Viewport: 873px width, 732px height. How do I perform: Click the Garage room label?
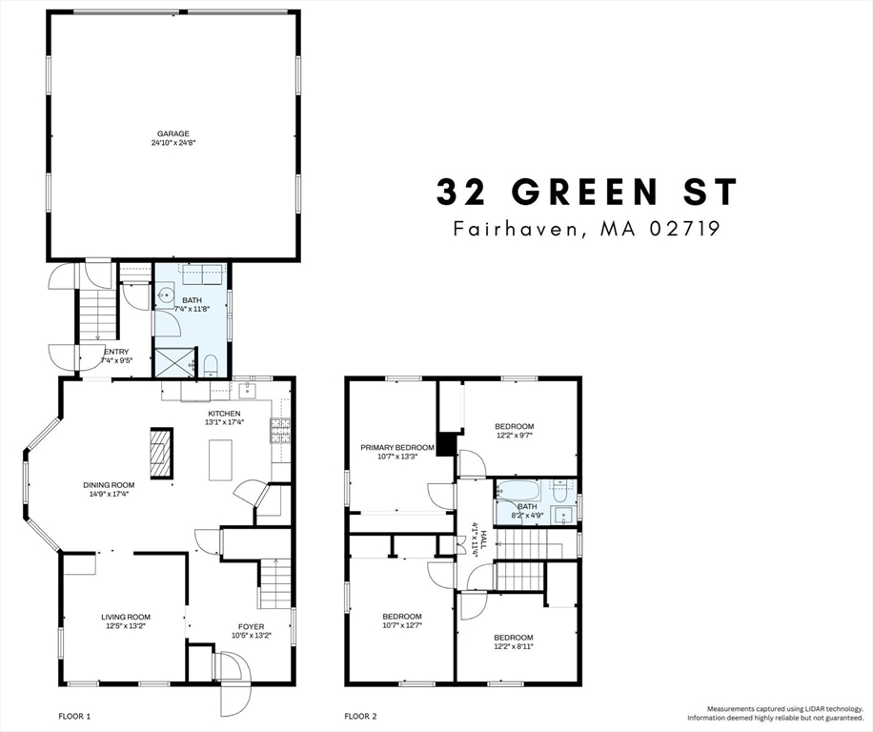(173, 134)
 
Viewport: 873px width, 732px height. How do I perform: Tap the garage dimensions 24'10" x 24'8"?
(173, 144)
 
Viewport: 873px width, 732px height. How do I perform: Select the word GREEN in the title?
(585, 192)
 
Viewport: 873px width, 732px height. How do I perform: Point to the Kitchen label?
(223, 413)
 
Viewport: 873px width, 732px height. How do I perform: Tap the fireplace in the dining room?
(160, 453)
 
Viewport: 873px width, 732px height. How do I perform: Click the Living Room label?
(126, 617)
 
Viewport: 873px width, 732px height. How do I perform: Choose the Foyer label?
(251, 626)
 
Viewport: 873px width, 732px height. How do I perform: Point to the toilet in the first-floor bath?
(210, 364)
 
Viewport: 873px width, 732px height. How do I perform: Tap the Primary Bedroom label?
(396, 447)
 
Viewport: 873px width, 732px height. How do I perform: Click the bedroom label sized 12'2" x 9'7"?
(514, 426)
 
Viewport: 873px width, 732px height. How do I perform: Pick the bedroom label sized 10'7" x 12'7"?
(401, 617)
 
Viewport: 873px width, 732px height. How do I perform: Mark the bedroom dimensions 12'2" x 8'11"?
(513, 646)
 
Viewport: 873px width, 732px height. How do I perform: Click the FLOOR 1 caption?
(73, 715)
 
